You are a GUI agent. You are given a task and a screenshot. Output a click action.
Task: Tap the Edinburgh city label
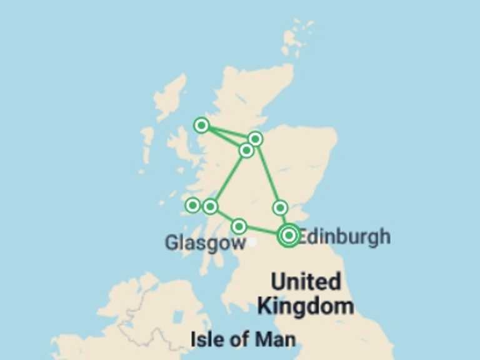pyautogui.click(x=344, y=237)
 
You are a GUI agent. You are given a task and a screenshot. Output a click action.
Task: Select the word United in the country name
pyautogui.click(x=306, y=282)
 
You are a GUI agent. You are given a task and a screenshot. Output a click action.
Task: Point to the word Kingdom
pyautogui.click(x=306, y=306)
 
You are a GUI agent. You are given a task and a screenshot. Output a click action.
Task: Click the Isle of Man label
pyautogui.click(x=242, y=339)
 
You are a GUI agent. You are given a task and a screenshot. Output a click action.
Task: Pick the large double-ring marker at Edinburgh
pyautogui.click(x=289, y=235)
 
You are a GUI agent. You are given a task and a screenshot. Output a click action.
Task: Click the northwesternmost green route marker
pyautogui.click(x=201, y=125)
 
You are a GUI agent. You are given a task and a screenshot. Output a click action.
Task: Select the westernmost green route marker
pyautogui.click(x=193, y=205)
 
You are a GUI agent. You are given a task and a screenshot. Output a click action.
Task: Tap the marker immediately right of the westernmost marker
pyautogui.click(x=211, y=206)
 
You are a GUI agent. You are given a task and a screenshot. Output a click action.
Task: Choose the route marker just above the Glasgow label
pyautogui.click(x=239, y=226)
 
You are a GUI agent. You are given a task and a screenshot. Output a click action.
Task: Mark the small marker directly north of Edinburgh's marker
pyautogui.click(x=280, y=207)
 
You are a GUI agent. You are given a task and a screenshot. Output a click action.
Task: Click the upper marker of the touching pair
pyautogui.click(x=255, y=138)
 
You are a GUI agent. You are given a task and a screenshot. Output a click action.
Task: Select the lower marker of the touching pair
pyautogui.click(x=247, y=150)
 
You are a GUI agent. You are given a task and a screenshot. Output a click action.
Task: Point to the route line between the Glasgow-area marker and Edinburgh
pyautogui.click(x=262, y=231)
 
